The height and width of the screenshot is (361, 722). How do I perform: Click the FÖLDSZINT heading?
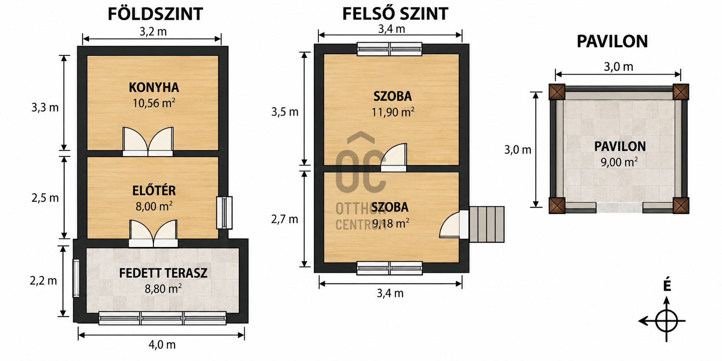coord(155,14)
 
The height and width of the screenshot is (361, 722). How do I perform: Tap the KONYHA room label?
coord(154,88)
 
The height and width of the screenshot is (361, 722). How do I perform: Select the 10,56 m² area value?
coord(154,103)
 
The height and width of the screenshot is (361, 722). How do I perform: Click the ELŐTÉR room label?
coord(154,190)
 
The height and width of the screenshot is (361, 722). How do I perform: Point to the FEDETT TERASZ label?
coord(163,273)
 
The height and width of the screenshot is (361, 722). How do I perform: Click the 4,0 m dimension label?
coord(162,345)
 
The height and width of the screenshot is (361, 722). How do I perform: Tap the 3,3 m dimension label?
coord(45,107)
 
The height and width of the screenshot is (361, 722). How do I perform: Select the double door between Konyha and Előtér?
coord(148,142)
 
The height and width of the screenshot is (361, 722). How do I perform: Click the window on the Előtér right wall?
coord(224,212)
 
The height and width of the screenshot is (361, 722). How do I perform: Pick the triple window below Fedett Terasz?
coord(162,318)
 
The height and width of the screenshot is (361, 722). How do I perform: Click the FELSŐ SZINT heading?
coord(395,14)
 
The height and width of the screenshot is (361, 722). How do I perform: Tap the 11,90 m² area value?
coord(393,112)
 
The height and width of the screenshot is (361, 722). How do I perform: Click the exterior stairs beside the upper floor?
coord(487,224)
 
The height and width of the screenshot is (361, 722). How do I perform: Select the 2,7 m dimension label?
coord(284,219)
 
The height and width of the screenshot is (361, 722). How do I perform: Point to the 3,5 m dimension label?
coord(285,112)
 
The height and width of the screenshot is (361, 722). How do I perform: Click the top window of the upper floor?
coord(389,49)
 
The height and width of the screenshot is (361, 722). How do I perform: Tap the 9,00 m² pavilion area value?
coord(619,162)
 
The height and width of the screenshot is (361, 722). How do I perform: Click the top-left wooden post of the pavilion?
coord(557,92)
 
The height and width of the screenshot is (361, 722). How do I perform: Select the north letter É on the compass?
coord(667,286)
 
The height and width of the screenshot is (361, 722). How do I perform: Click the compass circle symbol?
coord(667,321)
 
